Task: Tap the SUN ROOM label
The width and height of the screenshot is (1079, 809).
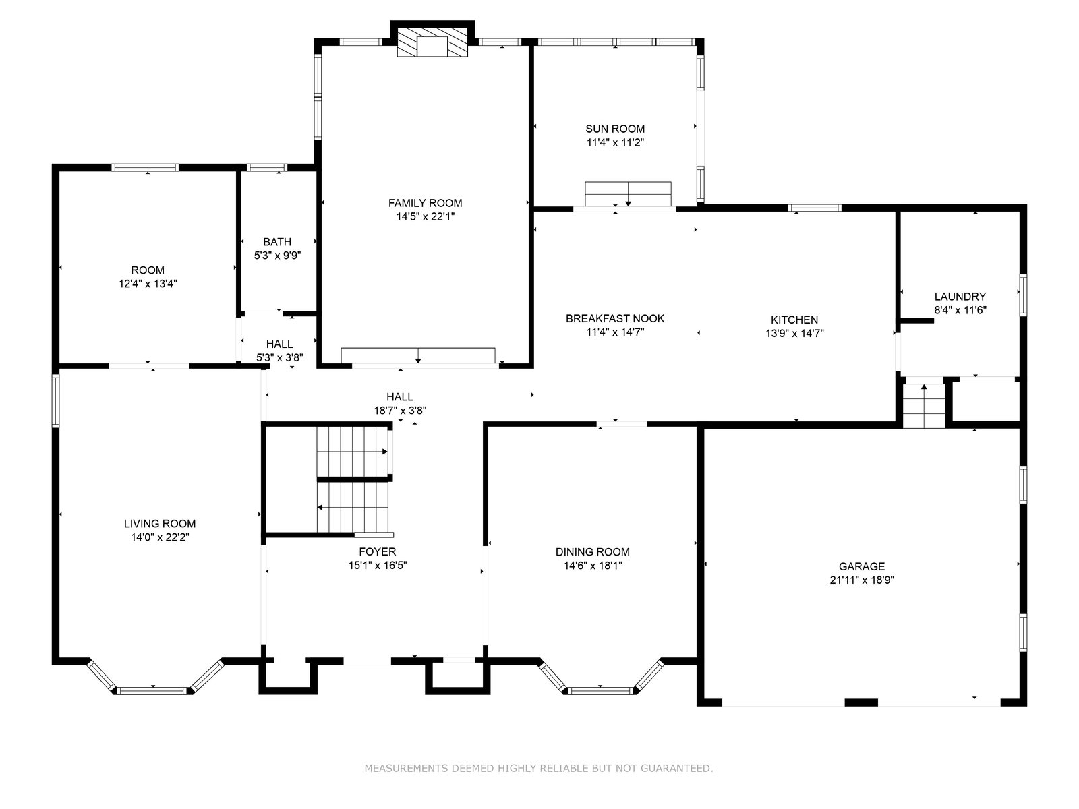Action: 615,129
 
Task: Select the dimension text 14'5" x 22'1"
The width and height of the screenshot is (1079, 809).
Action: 426,216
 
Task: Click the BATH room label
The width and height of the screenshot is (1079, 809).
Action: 277,241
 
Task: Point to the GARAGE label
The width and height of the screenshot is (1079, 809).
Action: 862,566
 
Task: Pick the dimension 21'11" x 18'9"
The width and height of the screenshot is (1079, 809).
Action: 862,580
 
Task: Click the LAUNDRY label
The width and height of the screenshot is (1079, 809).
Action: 960,297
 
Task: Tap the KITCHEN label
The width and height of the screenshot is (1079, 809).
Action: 794,320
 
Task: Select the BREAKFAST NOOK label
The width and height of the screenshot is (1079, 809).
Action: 615,318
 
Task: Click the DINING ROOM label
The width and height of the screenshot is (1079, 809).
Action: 592,551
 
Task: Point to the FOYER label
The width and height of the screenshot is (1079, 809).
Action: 378,551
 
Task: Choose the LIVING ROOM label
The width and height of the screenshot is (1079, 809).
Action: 160,524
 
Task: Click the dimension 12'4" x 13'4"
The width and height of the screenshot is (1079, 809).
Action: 148,284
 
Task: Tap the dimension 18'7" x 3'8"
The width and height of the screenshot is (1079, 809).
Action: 400,411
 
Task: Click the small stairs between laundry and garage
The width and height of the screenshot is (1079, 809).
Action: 924,406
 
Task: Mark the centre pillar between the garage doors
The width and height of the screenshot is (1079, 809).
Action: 861,702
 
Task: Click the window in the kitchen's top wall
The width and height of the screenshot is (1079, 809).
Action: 815,208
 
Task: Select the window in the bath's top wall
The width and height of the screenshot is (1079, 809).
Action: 267,167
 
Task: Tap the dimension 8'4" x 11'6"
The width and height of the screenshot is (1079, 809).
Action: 960,310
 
